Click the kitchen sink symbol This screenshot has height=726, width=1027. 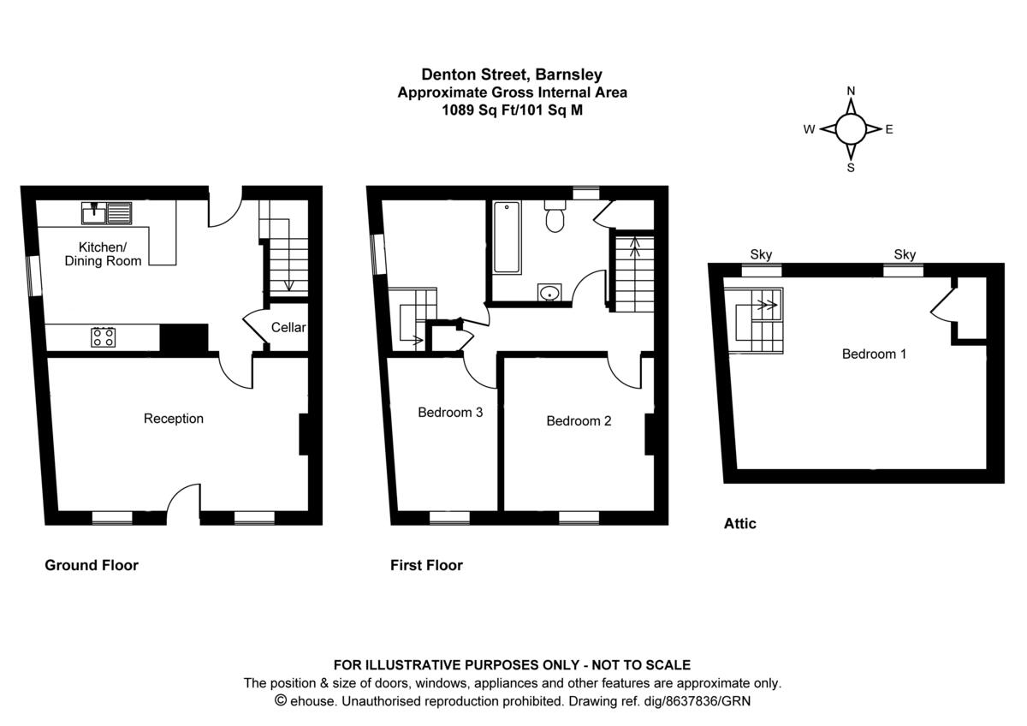click(107, 211)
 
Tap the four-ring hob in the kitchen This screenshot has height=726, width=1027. click(104, 336)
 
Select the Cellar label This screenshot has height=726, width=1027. click(288, 327)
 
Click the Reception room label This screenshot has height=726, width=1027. click(174, 419)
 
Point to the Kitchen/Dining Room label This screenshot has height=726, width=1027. click(104, 253)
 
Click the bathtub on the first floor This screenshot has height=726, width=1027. click(507, 237)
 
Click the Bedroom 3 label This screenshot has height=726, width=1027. click(450, 413)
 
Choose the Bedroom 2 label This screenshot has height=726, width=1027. click(579, 420)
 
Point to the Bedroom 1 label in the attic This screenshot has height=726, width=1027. click(874, 354)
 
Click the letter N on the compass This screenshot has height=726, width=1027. click(851, 91)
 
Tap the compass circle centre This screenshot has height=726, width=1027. click(851, 129)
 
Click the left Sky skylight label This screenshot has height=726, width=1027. click(761, 254)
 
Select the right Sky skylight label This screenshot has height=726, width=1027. click(905, 254)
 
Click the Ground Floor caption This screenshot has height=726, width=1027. click(92, 565)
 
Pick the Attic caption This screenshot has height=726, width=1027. click(740, 523)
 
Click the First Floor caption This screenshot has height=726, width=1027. click(426, 565)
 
